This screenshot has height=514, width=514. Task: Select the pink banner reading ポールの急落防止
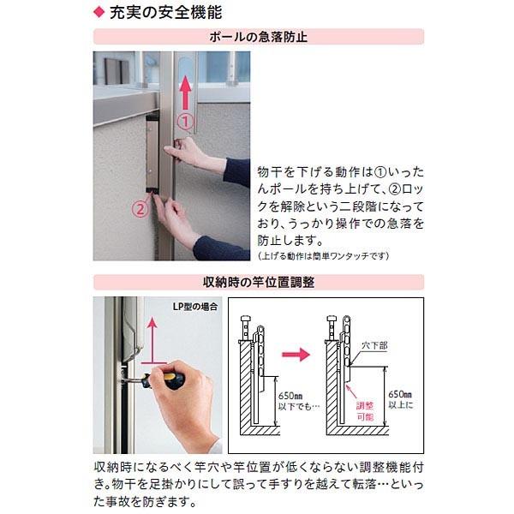click(x=258, y=37)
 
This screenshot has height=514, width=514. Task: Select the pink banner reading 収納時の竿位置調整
click(x=258, y=281)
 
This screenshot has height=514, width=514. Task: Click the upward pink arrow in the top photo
click(x=185, y=90)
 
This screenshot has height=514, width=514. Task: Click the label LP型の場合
click(x=194, y=306)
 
